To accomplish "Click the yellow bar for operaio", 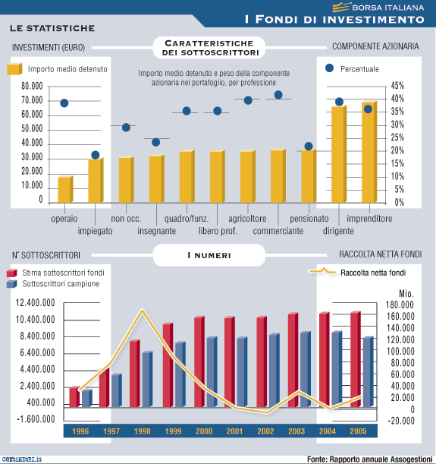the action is point(65,189).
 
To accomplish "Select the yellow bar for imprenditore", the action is point(369,152).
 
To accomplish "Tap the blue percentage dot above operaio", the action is point(64,103).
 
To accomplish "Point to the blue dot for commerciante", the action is point(278,95).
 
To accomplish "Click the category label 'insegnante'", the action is point(156,231).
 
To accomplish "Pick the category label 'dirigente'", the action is point(338,231).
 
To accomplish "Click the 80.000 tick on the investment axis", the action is point(32,86).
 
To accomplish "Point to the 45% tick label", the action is point(397,86).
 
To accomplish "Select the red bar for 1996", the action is point(74,397).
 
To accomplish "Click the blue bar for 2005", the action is point(368,371).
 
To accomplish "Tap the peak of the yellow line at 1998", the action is point(142,310).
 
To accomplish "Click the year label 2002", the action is point(265,431).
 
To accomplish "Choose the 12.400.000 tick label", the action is point(35,303).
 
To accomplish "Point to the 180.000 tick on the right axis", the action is point(400,305).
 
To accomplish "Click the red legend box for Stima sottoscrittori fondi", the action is point(11,273).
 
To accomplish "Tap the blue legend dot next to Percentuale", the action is point(329,68).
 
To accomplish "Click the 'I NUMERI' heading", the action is point(209,255).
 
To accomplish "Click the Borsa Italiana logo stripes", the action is point(341,7).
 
